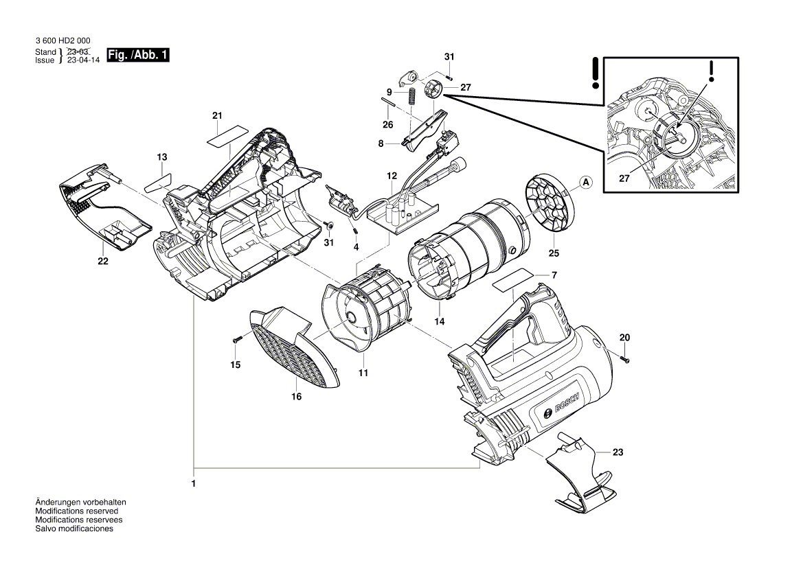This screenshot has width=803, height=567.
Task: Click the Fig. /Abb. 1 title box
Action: coord(138,55)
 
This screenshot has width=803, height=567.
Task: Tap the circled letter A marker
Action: coord(587,183)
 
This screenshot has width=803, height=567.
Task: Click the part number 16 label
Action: coord(297,397)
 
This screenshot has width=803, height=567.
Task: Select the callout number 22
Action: coord(103,261)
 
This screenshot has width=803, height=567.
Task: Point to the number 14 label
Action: coord(440,321)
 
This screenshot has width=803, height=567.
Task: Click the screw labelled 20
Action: coord(624,359)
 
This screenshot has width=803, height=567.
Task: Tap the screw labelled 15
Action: coord(236,340)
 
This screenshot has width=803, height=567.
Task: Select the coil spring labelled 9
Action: coord(411,95)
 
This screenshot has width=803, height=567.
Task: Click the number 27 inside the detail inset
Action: coord(624,178)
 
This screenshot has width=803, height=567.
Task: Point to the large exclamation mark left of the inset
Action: coord(595,73)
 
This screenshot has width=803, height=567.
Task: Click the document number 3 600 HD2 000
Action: coord(63,41)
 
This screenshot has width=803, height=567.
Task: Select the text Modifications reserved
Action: coord(77,511)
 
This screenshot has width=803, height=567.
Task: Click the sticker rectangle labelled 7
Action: coord(512,280)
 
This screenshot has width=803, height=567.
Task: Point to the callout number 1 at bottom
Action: coord(194,483)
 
